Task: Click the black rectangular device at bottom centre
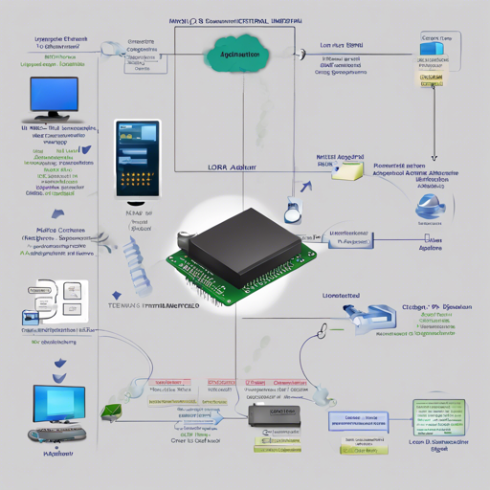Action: click(271, 413)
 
